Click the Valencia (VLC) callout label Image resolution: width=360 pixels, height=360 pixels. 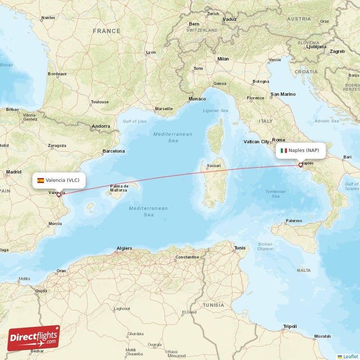(x=59, y=180)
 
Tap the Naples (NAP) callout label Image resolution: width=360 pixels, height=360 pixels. (x=300, y=150)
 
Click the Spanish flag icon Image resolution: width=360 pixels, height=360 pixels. (x=40, y=180)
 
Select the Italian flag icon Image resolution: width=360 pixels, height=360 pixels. (x=284, y=150)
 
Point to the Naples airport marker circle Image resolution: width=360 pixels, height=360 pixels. (x=301, y=165)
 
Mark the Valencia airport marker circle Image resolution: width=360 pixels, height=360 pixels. (x=58, y=195)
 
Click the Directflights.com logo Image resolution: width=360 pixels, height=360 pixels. (x=34, y=338)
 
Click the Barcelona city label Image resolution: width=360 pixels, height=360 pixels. (x=113, y=151)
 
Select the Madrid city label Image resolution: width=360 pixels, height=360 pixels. (x=13, y=172)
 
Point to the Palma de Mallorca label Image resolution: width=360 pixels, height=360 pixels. (x=119, y=188)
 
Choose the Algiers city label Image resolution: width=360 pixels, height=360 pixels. (x=124, y=248)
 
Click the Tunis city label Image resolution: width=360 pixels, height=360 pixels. (x=240, y=248)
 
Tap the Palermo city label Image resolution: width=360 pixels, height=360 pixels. (x=293, y=221)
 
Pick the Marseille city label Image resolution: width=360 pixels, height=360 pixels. (x=163, y=108)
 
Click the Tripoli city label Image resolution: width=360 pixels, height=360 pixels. (x=290, y=326)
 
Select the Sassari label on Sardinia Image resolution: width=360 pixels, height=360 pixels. (x=214, y=166)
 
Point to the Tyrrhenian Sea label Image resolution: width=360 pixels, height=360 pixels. (x=275, y=193)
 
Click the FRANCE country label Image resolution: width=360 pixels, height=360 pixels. (x=107, y=31)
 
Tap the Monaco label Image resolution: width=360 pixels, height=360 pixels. (x=197, y=99)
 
